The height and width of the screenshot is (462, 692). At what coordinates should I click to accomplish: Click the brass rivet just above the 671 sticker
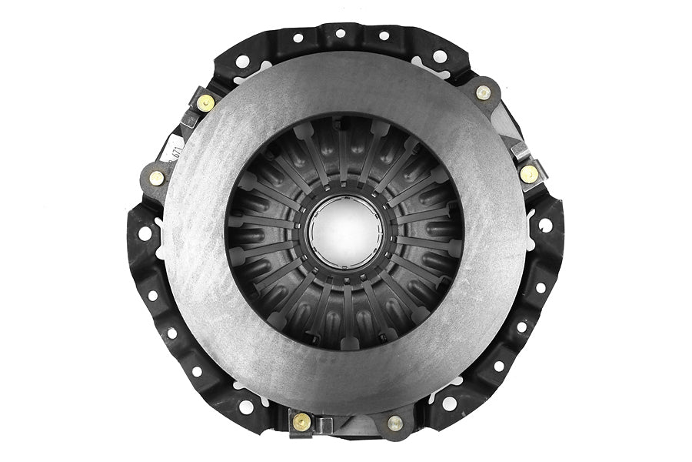pos(205,102)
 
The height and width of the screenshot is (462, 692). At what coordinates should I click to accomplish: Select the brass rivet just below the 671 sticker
pos(157,177)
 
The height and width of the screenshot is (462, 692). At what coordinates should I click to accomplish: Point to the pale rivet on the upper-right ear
pos(483,93)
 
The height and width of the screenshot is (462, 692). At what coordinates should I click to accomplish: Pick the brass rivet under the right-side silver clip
pos(528,174)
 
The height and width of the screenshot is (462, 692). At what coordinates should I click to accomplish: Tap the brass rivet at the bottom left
pos(302,421)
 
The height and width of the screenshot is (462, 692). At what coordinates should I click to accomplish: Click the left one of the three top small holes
pos(298,37)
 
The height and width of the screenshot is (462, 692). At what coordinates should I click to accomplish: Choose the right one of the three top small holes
pos(384,35)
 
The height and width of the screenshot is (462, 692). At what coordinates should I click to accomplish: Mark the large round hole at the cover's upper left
pos(242,61)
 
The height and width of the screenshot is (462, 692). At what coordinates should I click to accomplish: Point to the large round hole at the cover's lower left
pos(246,405)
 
